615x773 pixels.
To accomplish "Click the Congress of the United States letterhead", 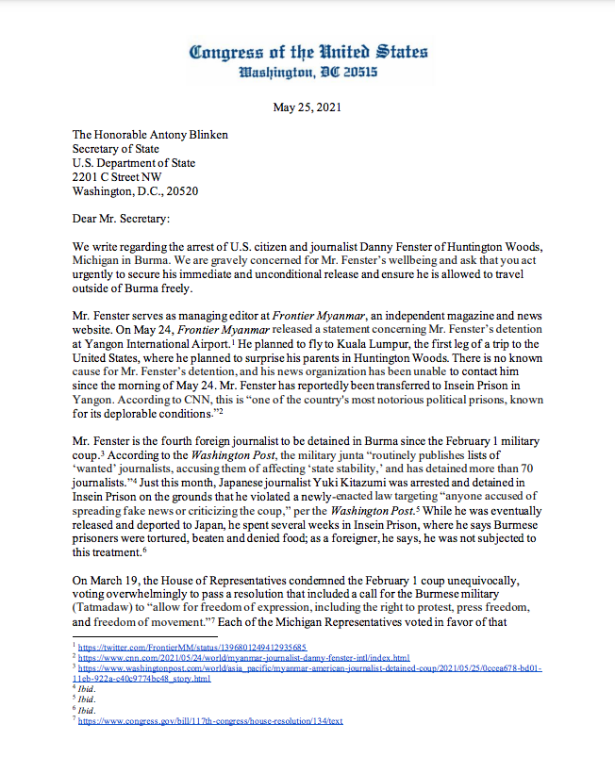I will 308,51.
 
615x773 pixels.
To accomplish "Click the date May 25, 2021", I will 308,107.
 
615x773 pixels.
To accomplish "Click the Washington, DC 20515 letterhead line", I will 308,72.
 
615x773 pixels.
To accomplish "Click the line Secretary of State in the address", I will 116,148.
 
